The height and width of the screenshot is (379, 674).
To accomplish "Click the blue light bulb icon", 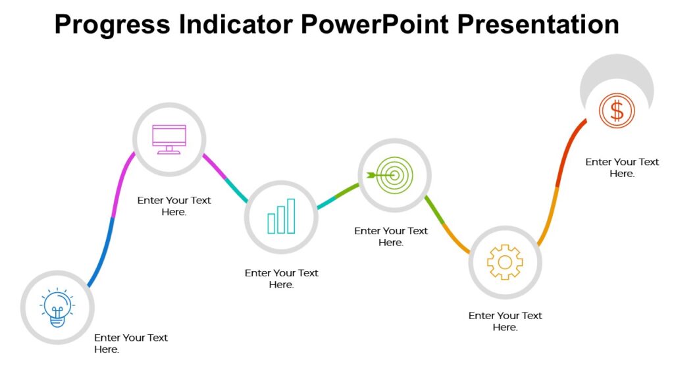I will coord(57,308).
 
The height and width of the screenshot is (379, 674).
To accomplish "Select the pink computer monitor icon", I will coord(169,139).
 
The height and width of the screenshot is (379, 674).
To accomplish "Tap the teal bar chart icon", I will coord(281,217).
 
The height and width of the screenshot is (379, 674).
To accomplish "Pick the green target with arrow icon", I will coord(394,174).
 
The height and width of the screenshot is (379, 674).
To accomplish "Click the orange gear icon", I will coord(505,262).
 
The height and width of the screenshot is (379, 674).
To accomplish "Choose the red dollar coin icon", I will coord(617,111).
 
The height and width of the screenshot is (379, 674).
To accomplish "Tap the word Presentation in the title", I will coord(539,24).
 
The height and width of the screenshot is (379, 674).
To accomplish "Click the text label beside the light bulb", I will coord(130,343).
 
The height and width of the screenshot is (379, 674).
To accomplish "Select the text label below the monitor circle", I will coord(174,206).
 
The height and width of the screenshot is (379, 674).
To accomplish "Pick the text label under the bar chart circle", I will coord(281,278).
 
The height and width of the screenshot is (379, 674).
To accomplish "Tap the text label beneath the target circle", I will coord(391,236).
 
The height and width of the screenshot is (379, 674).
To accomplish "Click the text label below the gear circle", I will coord(505,321).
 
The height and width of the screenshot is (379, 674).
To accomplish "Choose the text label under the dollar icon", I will coord(622,167).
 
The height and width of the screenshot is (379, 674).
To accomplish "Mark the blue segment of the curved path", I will coord(103,253).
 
